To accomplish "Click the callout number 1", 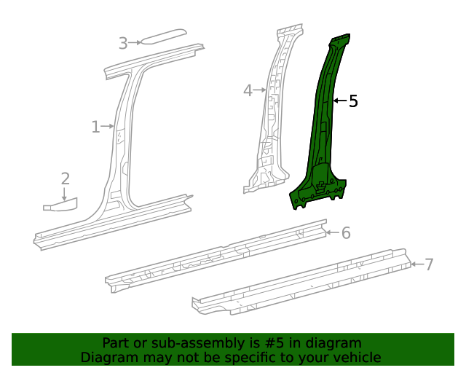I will [95, 127].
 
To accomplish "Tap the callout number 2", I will [65, 178].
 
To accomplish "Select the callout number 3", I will [123, 44].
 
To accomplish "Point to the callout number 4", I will [248, 90].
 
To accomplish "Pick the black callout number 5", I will [353, 101].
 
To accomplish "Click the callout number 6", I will [346, 233].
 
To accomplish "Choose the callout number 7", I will [429, 264].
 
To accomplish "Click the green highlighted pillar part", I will [320, 138].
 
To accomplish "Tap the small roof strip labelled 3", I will [164, 36].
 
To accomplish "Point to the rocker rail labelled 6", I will [218, 256].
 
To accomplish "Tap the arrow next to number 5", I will [339, 101].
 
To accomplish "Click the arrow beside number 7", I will [416, 264].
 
